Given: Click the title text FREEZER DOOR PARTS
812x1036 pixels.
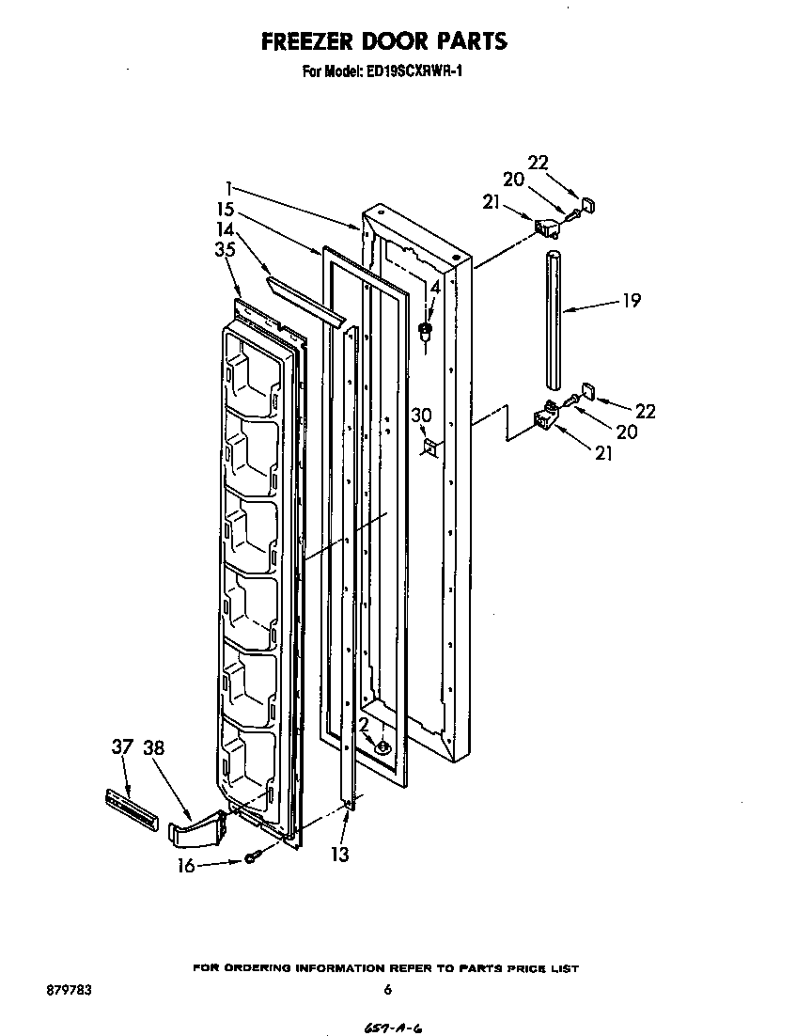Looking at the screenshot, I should click(383, 40).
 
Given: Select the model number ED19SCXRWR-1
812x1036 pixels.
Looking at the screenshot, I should click(413, 70).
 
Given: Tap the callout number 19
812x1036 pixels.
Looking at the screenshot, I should click(632, 301).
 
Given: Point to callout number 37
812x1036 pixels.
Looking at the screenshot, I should click(122, 747).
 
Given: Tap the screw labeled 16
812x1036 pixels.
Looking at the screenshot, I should click(252, 855).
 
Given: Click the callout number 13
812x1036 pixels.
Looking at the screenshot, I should click(339, 854).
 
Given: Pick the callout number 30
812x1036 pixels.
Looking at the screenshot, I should click(421, 415).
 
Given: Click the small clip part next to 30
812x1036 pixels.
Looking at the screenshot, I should click(430, 446).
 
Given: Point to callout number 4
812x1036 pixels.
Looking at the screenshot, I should click(434, 287).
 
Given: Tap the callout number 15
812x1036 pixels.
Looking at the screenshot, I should click(224, 211).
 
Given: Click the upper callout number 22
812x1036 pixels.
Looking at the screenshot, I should click(538, 162).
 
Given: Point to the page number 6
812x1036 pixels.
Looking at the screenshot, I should click(386, 989).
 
